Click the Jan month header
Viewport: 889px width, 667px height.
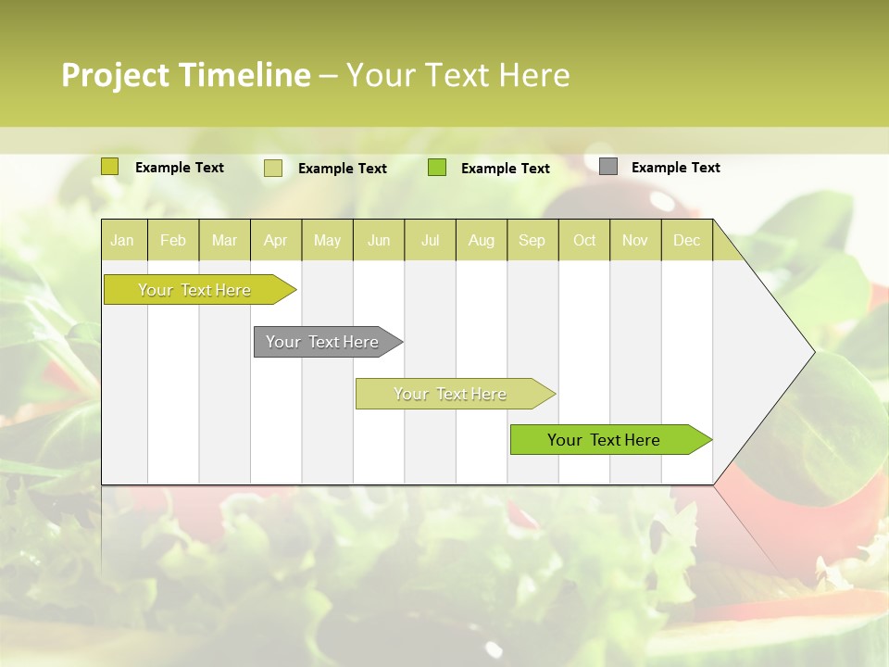coord(123,240)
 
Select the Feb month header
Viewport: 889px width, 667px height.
coord(173,240)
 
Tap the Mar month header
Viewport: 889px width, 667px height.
coord(224,240)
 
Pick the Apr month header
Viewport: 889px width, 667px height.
coord(276,240)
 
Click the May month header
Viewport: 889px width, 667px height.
coord(327,240)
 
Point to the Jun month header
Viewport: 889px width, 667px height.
coord(379,240)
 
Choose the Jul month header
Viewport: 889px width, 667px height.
coord(430,240)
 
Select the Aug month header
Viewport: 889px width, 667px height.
coord(482,240)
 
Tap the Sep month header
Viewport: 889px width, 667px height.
coord(532,240)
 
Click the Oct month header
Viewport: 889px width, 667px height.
coord(584,240)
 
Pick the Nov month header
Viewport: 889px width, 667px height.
coord(635,240)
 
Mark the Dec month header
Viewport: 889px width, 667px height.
coord(687,240)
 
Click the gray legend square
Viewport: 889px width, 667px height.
coord(608,167)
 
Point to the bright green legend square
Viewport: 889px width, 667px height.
coord(437,168)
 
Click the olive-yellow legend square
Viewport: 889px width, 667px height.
coord(110,167)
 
